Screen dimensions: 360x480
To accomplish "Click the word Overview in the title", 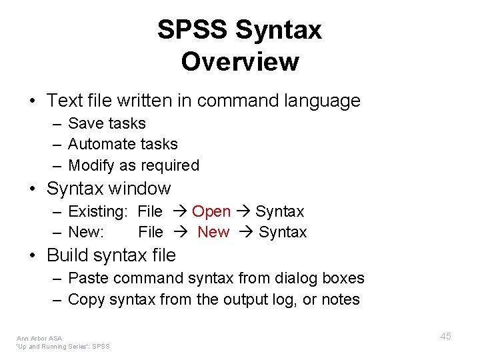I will (240, 62).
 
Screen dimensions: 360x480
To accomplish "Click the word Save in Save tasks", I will (83, 123).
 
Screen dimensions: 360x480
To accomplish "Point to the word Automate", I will (99, 144).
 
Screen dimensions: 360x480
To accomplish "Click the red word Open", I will (211, 211).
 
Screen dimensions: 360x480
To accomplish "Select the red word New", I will (213, 232).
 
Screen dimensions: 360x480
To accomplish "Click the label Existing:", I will (98, 211).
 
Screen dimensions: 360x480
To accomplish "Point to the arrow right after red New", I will (243, 233).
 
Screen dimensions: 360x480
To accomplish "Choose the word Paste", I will (87, 278).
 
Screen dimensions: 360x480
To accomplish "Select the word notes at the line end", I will (341, 300).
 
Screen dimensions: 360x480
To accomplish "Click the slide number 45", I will (445, 336).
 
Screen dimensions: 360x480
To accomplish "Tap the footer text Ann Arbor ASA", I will (39, 339).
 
